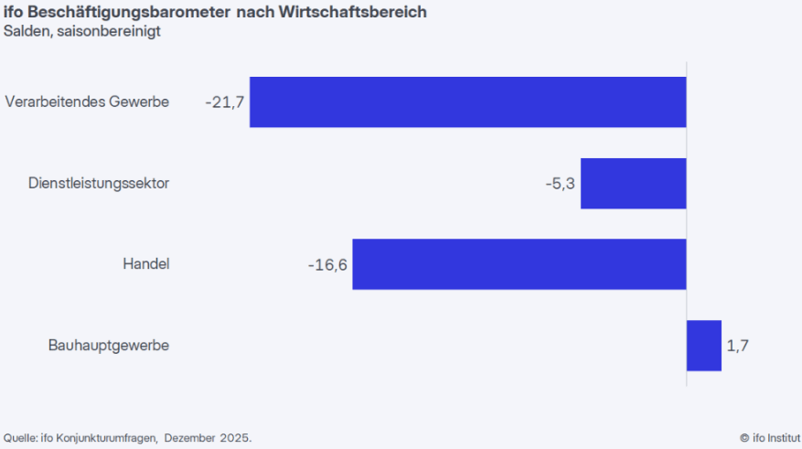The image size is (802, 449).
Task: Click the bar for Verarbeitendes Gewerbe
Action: click(x=467, y=102)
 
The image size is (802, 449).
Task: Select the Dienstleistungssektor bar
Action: click(x=633, y=183)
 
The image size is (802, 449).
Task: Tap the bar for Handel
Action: click(x=519, y=264)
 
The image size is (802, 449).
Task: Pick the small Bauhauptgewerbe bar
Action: click(x=704, y=346)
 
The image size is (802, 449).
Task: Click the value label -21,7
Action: click(x=225, y=102)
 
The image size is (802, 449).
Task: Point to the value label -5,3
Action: click(x=560, y=183)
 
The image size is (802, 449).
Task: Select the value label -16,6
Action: click(x=327, y=264)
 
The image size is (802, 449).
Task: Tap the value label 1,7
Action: click(x=738, y=346)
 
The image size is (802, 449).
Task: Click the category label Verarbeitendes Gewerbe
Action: click(x=87, y=102)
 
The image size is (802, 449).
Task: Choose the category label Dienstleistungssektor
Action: click(x=99, y=183)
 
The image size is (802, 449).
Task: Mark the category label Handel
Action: click(x=146, y=264)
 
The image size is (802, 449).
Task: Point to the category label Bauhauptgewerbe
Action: click(x=109, y=346)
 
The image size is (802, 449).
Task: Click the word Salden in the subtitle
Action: click(x=24, y=32)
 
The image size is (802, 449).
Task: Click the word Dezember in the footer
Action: click(x=190, y=437)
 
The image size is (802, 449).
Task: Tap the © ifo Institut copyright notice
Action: click(x=770, y=437)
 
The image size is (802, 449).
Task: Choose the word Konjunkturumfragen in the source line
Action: click(x=106, y=437)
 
